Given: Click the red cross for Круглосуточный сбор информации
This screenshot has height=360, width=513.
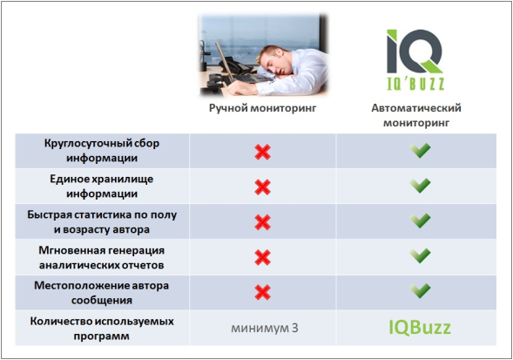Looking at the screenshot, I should click(x=261, y=152).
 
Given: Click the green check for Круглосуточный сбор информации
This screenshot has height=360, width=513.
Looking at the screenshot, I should click(x=422, y=151).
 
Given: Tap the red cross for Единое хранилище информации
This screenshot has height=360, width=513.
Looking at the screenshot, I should click(x=261, y=187).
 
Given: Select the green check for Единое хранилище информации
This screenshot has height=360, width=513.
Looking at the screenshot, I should click(x=422, y=186).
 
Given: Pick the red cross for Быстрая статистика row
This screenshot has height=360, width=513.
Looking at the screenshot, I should click(x=261, y=221).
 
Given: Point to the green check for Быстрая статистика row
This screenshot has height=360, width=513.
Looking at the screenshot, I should click(x=422, y=221).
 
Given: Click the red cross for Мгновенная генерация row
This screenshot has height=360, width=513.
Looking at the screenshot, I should click(x=261, y=256).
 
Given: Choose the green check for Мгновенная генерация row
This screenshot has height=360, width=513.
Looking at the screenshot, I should click(x=422, y=255).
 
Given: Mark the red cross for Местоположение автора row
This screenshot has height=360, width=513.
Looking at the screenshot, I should click(x=261, y=291).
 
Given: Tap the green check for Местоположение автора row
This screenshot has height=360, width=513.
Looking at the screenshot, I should click(x=422, y=290).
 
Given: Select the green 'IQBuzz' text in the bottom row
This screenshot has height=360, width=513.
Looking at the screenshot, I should click(x=421, y=328).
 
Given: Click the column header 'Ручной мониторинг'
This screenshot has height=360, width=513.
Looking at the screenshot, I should click(x=261, y=110).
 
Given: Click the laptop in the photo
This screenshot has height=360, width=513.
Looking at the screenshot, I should click(x=233, y=61).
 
